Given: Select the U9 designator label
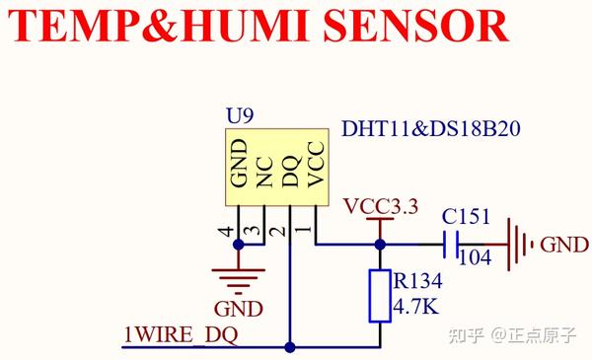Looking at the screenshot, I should [240, 116].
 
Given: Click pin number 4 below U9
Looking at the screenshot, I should [228, 232].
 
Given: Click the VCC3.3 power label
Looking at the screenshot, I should [381, 207].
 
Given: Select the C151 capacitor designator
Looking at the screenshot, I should [463, 215].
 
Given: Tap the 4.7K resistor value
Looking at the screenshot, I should [417, 307].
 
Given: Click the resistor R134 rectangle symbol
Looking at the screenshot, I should [381, 295].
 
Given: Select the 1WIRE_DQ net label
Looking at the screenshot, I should [181, 335].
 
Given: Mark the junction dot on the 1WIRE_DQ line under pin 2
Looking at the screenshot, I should [290, 347].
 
